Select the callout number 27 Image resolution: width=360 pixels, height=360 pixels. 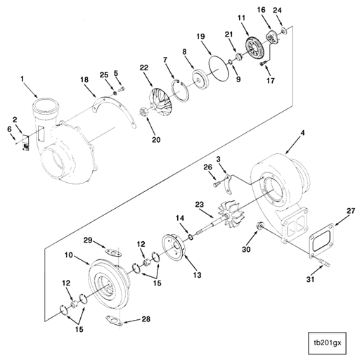(351, 210)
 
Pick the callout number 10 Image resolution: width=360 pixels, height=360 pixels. (68, 255)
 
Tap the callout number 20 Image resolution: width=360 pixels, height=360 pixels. (155, 139)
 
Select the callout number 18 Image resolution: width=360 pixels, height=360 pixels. (84, 82)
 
